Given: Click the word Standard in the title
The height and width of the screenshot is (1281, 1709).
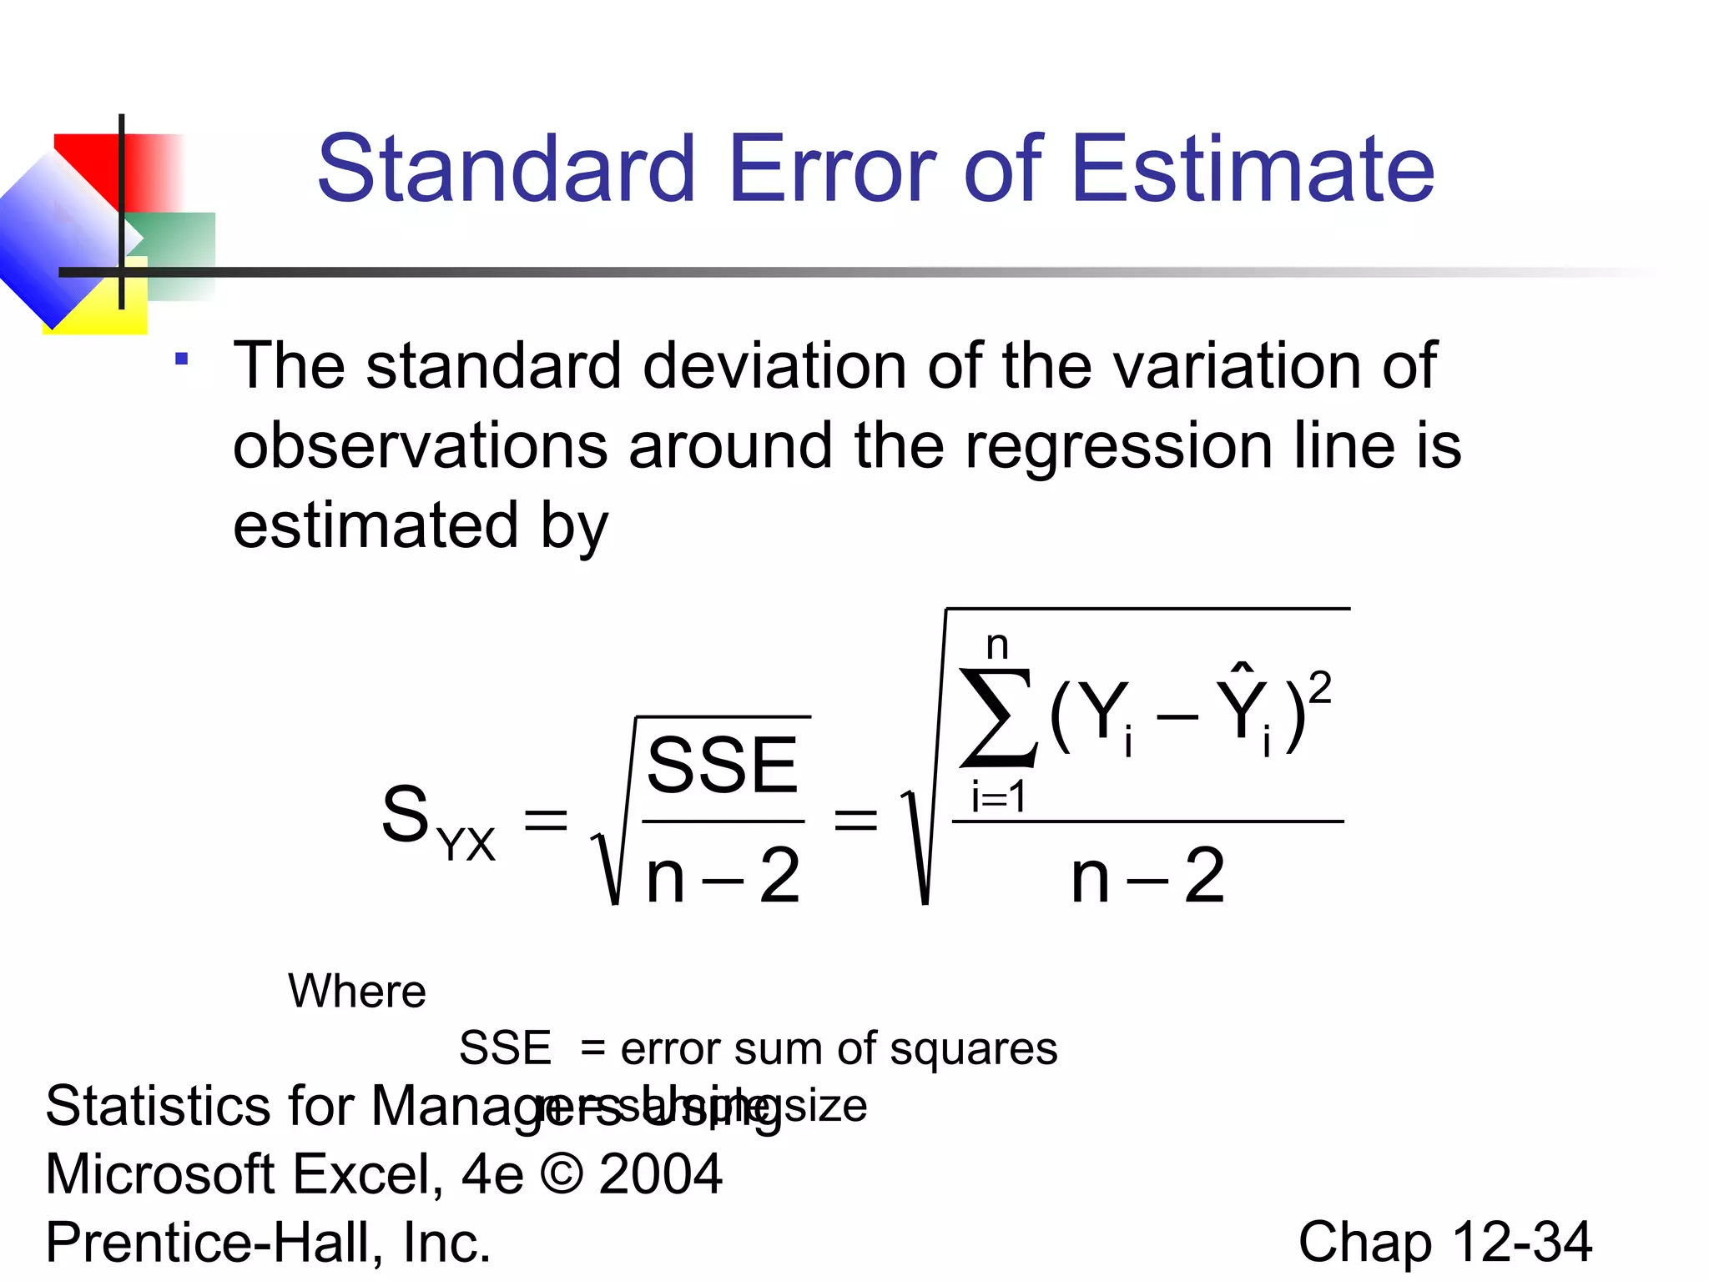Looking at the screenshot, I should [x=506, y=169].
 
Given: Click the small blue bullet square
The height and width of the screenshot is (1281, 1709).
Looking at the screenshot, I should [x=182, y=359].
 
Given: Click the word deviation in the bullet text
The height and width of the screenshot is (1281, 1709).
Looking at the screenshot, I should [x=774, y=367].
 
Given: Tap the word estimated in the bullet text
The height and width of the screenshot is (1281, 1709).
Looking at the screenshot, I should [x=376, y=525].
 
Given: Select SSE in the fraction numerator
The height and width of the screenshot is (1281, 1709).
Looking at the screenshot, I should [x=723, y=766].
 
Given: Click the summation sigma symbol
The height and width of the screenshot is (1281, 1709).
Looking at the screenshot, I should [x=998, y=717].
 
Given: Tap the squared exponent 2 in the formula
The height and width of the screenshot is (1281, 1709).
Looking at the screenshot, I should [x=1319, y=690].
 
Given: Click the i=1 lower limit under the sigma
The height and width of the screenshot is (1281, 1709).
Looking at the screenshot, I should [x=998, y=797].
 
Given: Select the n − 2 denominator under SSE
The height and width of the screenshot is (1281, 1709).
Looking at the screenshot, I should [x=723, y=876].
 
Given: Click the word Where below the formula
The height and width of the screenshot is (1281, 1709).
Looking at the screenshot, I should [x=357, y=992].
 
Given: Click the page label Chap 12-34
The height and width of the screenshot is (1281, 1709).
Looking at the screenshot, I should [x=1444, y=1242].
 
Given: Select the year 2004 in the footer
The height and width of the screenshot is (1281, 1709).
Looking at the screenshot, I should [x=661, y=1174].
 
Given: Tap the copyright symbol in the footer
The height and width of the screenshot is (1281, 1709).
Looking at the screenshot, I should [x=562, y=1174].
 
